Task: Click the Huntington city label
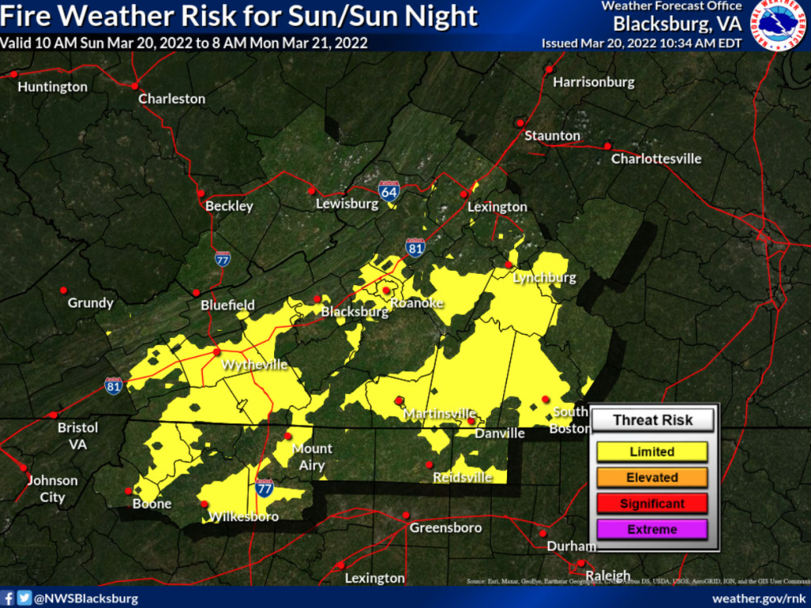[x=52, y=86]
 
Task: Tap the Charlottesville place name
[x=656, y=158]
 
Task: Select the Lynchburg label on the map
[x=544, y=278]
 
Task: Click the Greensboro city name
[x=445, y=527]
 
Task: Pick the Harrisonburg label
[x=593, y=82]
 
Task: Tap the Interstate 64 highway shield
[x=388, y=191]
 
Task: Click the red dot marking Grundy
[x=63, y=290]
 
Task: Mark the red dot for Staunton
[x=520, y=122]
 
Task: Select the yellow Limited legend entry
[x=652, y=452]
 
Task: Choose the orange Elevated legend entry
[x=652, y=477]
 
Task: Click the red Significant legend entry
[x=652, y=503]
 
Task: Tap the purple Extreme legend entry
[x=652, y=530]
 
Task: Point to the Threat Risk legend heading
[x=652, y=420]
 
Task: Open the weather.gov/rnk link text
[x=758, y=598]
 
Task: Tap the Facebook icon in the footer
[x=8, y=598]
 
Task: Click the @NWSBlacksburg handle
[x=86, y=598]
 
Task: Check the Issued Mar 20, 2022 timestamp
[x=642, y=43]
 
